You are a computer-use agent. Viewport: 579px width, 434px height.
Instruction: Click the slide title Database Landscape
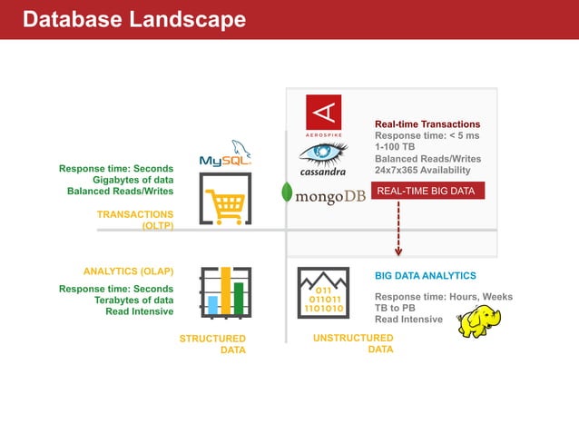click(133, 19)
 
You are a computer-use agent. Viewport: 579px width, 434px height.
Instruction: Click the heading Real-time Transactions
click(427, 124)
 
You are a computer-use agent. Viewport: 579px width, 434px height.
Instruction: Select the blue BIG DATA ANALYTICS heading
click(425, 275)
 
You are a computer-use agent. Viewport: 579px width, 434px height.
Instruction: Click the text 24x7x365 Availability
click(423, 171)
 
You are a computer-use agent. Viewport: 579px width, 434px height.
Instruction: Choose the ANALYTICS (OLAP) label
click(128, 271)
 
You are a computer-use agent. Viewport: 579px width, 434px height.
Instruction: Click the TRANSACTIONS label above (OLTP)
click(135, 214)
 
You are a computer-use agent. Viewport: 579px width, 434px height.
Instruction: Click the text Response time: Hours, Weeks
click(444, 297)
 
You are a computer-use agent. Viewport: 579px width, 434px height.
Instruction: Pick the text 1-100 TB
click(395, 148)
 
